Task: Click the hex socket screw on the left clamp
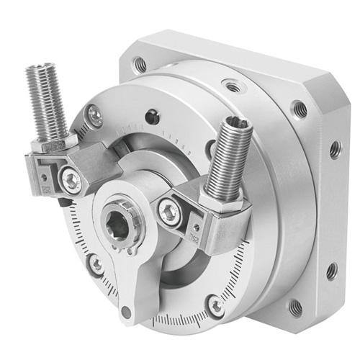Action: coord(71,180)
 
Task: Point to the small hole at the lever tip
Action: coord(127,312)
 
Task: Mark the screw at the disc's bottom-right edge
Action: coord(215,305)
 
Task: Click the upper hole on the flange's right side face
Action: coord(335,150)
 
